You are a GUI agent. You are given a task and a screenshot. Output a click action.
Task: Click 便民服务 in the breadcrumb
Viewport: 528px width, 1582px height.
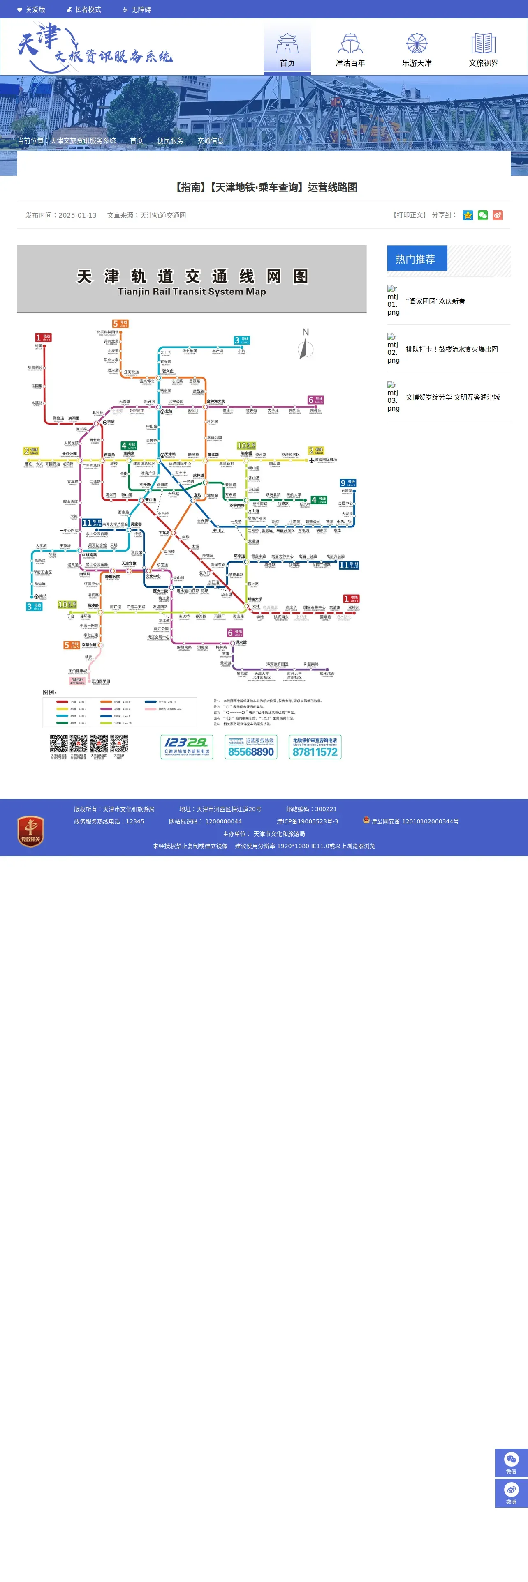[x=170, y=140]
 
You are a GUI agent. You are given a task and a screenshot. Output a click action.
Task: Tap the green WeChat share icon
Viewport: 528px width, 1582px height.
[x=482, y=215]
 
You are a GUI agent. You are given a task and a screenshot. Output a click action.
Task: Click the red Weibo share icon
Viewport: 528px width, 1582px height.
[x=497, y=215]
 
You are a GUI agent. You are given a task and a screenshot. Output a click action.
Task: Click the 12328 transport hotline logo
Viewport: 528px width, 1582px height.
[x=187, y=747]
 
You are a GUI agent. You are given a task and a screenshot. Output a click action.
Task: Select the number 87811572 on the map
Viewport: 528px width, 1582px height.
[x=315, y=752]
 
